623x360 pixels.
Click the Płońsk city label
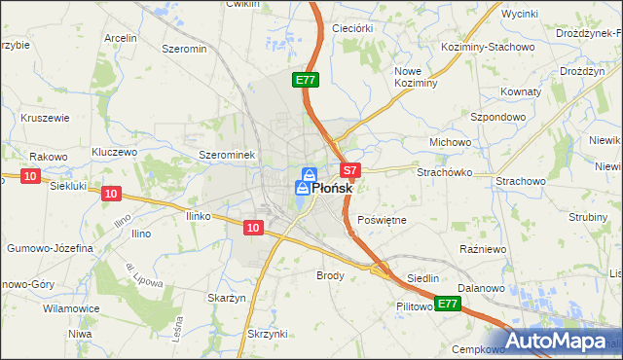click(331, 189)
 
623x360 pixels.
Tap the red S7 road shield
click(351, 169)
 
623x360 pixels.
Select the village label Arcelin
click(121, 38)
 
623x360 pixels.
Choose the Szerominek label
click(226, 155)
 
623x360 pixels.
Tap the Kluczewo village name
click(114, 153)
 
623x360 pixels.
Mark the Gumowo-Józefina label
click(51, 248)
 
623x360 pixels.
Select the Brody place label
click(331, 275)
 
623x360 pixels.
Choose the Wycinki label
click(519, 16)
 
